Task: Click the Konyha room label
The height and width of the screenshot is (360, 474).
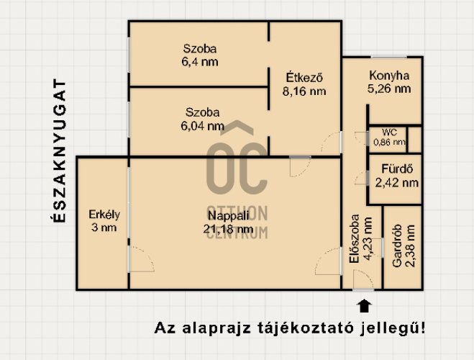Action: click(389, 76)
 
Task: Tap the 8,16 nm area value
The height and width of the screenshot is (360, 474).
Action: click(304, 91)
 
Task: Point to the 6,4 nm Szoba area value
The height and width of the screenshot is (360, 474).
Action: click(201, 62)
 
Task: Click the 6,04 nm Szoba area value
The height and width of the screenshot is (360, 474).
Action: click(203, 125)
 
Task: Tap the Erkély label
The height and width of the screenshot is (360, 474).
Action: click(104, 215)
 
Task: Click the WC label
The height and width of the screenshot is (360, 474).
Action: click(389, 132)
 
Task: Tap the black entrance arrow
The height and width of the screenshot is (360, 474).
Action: click(364, 305)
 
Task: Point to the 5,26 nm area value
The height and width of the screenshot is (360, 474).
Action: click(389, 89)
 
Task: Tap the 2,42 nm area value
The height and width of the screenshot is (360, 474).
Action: click(396, 183)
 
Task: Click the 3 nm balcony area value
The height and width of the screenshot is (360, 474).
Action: click(104, 228)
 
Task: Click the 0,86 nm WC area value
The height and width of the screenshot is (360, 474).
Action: click(389, 142)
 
